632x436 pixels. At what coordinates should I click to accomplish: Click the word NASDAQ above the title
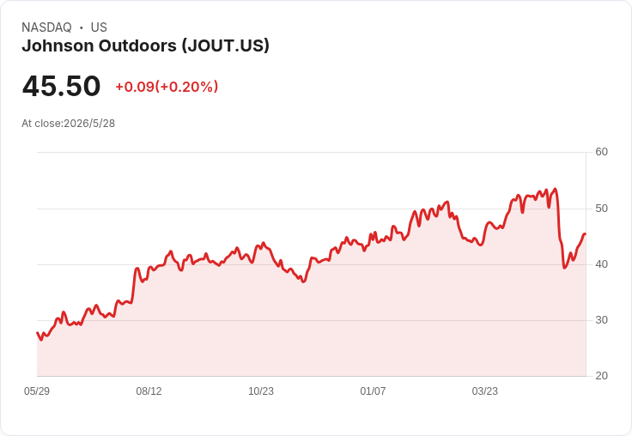pos(46,27)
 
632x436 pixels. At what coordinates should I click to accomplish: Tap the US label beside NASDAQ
pos(99,27)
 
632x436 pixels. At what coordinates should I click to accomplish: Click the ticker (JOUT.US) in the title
pos(225,46)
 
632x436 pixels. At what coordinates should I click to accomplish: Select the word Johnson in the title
pos(58,46)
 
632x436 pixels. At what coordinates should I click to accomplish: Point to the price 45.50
pos(61,86)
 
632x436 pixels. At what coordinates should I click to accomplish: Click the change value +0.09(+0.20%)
pos(167,87)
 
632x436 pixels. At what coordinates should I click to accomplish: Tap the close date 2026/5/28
pos(89,124)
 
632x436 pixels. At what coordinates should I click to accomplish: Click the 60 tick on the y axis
pos(601,152)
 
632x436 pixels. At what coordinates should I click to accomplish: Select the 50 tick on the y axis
pos(601,209)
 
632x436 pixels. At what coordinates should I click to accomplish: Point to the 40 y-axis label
pos(601,264)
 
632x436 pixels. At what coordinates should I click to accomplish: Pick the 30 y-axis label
pos(601,320)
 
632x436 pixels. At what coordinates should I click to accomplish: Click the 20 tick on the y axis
pos(601,376)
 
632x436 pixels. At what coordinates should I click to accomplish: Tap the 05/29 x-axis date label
pos(37,391)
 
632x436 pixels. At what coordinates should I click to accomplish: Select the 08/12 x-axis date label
pos(149,391)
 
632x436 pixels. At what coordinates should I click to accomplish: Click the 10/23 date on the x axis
pos(261,391)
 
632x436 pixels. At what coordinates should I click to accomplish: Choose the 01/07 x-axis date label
pos(373,391)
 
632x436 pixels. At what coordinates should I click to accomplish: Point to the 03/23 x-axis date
pos(485,391)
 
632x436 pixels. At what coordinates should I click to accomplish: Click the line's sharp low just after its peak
pos(564,268)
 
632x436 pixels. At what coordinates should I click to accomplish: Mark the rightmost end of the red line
pos(586,234)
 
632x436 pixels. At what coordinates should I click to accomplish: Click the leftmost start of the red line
pos(37,332)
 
